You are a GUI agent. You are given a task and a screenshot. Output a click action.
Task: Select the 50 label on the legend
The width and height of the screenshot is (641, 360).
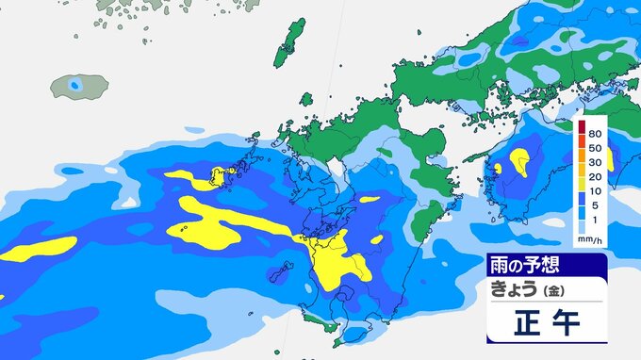click(x=596, y=148)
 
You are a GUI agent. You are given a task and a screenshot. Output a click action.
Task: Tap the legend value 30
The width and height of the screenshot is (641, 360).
click(x=596, y=163)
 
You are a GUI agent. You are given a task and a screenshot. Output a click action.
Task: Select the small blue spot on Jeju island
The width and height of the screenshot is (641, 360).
click(x=76, y=86)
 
